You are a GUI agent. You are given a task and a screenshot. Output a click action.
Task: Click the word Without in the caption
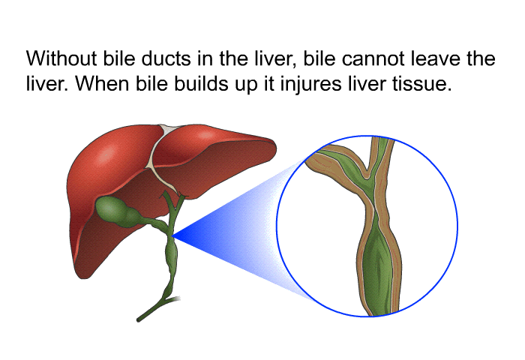point(61,58)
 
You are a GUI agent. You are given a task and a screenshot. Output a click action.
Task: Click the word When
point(102,83)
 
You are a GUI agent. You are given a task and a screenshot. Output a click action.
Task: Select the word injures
point(310,85)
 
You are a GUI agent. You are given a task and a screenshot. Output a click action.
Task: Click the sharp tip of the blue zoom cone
point(172,236)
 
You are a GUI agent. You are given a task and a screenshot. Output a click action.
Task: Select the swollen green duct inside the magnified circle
point(377,265)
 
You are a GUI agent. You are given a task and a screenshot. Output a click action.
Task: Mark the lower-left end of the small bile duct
point(139,320)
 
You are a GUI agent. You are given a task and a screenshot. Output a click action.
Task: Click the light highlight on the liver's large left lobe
point(106,154)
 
